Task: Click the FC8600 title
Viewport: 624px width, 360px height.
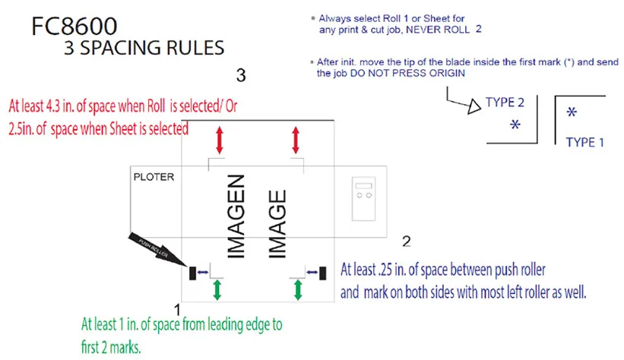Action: point(74,27)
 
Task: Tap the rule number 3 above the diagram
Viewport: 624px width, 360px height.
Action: point(240,75)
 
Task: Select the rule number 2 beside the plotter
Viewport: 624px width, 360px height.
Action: point(406,242)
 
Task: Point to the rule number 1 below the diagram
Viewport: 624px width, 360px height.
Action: point(177,309)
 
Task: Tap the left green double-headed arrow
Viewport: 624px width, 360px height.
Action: point(218,289)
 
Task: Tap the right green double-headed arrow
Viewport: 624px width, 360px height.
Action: point(298,289)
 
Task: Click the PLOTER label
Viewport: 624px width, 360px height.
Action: point(154,177)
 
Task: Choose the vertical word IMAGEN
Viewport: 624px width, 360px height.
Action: point(236,216)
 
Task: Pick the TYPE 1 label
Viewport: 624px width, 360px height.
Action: point(585,142)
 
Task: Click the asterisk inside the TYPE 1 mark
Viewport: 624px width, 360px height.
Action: point(572,112)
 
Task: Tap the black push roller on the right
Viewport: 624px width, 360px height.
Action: point(323,271)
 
